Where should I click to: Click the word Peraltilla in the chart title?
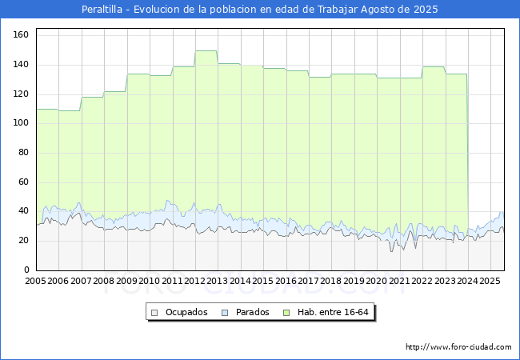(x=102, y=10)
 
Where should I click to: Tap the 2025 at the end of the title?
(x=426, y=10)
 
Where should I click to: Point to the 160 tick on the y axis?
(x=21, y=34)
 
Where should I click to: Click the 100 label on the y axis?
(x=21, y=122)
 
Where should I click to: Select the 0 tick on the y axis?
(x=26, y=270)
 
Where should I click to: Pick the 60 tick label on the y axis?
(x=23, y=182)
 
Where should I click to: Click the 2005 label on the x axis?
(x=35, y=281)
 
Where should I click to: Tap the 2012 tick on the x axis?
(x=194, y=281)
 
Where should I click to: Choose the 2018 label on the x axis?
(x=331, y=281)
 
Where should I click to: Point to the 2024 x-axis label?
(x=468, y=281)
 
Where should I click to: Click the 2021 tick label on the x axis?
(x=399, y=281)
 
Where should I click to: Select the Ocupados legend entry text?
(x=186, y=312)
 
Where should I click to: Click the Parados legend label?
(x=252, y=312)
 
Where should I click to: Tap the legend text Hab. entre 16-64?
(x=333, y=312)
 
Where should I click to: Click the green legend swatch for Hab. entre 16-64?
(x=286, y=313)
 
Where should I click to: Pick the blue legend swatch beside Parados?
(x=225, y=313)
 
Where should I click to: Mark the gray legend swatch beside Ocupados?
(x=154, y=313)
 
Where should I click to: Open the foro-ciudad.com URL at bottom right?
(x=458, y=347)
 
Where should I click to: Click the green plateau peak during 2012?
(x=206, y=50)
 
